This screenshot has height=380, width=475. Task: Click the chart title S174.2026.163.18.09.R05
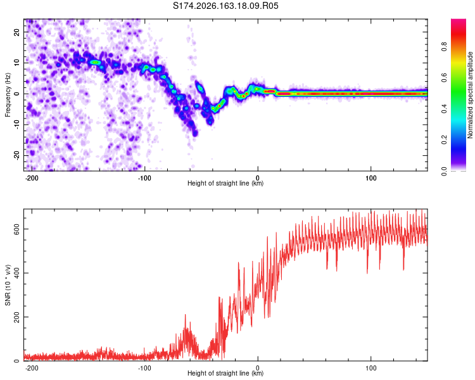tap(225, 6)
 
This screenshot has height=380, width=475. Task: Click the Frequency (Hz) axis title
tap(8, 95)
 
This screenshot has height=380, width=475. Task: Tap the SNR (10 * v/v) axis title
tap(8, 285)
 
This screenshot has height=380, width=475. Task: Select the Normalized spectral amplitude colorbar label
tap(470, 95)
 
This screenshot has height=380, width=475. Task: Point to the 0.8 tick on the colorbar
tap(445, 47)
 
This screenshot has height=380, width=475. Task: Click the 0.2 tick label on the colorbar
tap(445, 140)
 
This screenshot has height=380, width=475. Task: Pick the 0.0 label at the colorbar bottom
tap(445, 171)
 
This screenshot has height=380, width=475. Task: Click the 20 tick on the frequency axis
tap(16, 32)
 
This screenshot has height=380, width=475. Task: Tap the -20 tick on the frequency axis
tap(16, 156)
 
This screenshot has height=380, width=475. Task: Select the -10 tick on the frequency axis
tap(16, 125)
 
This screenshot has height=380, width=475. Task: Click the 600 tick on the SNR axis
tap(16, 229)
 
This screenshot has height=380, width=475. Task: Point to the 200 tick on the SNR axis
tap(16, 317)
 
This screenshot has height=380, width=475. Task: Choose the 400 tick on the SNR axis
tap(16, 273)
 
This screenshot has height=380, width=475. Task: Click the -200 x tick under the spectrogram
tap(31, 178)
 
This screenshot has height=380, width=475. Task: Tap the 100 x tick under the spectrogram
tap(370, 178)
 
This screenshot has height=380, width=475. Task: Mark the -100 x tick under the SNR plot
tap(144, 368)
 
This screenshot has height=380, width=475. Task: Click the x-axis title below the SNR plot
tap(225, 373)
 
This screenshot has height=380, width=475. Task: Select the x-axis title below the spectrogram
tap(225, 183)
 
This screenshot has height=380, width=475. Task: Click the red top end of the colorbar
tap(459, 21)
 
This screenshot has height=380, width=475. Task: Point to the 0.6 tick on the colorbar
tap(445, 78)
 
